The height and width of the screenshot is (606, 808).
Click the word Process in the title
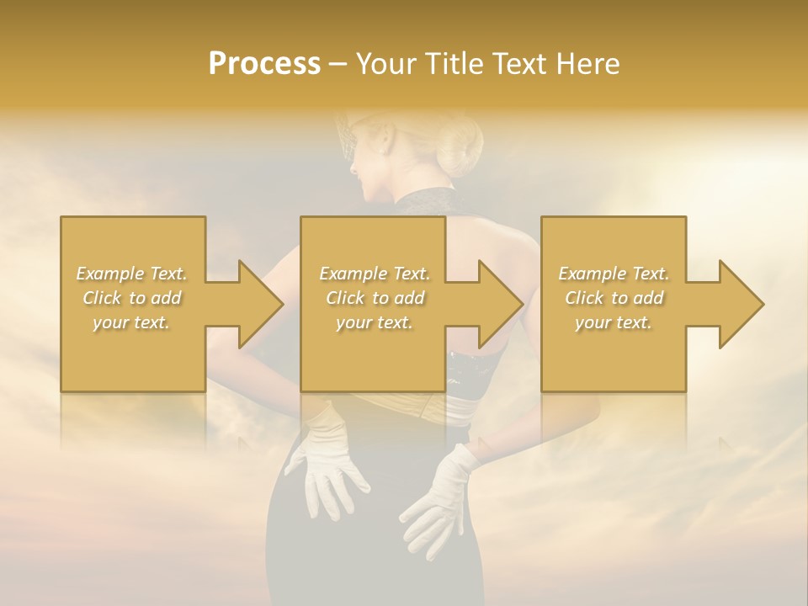tap(264, 63)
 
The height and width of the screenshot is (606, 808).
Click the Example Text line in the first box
tap(132, 274)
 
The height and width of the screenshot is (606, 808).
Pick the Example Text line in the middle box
tap(375, 274)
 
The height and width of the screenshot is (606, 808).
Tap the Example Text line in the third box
tap(614, 274)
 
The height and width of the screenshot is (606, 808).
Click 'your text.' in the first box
tap(132, 322)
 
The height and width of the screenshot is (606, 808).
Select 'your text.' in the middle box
tap(375, 322)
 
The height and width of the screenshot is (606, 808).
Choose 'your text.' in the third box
tap(614, 322)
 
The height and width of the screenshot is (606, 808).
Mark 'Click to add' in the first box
tap(132, 298)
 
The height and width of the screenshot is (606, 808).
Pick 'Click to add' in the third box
tap(614, 298)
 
